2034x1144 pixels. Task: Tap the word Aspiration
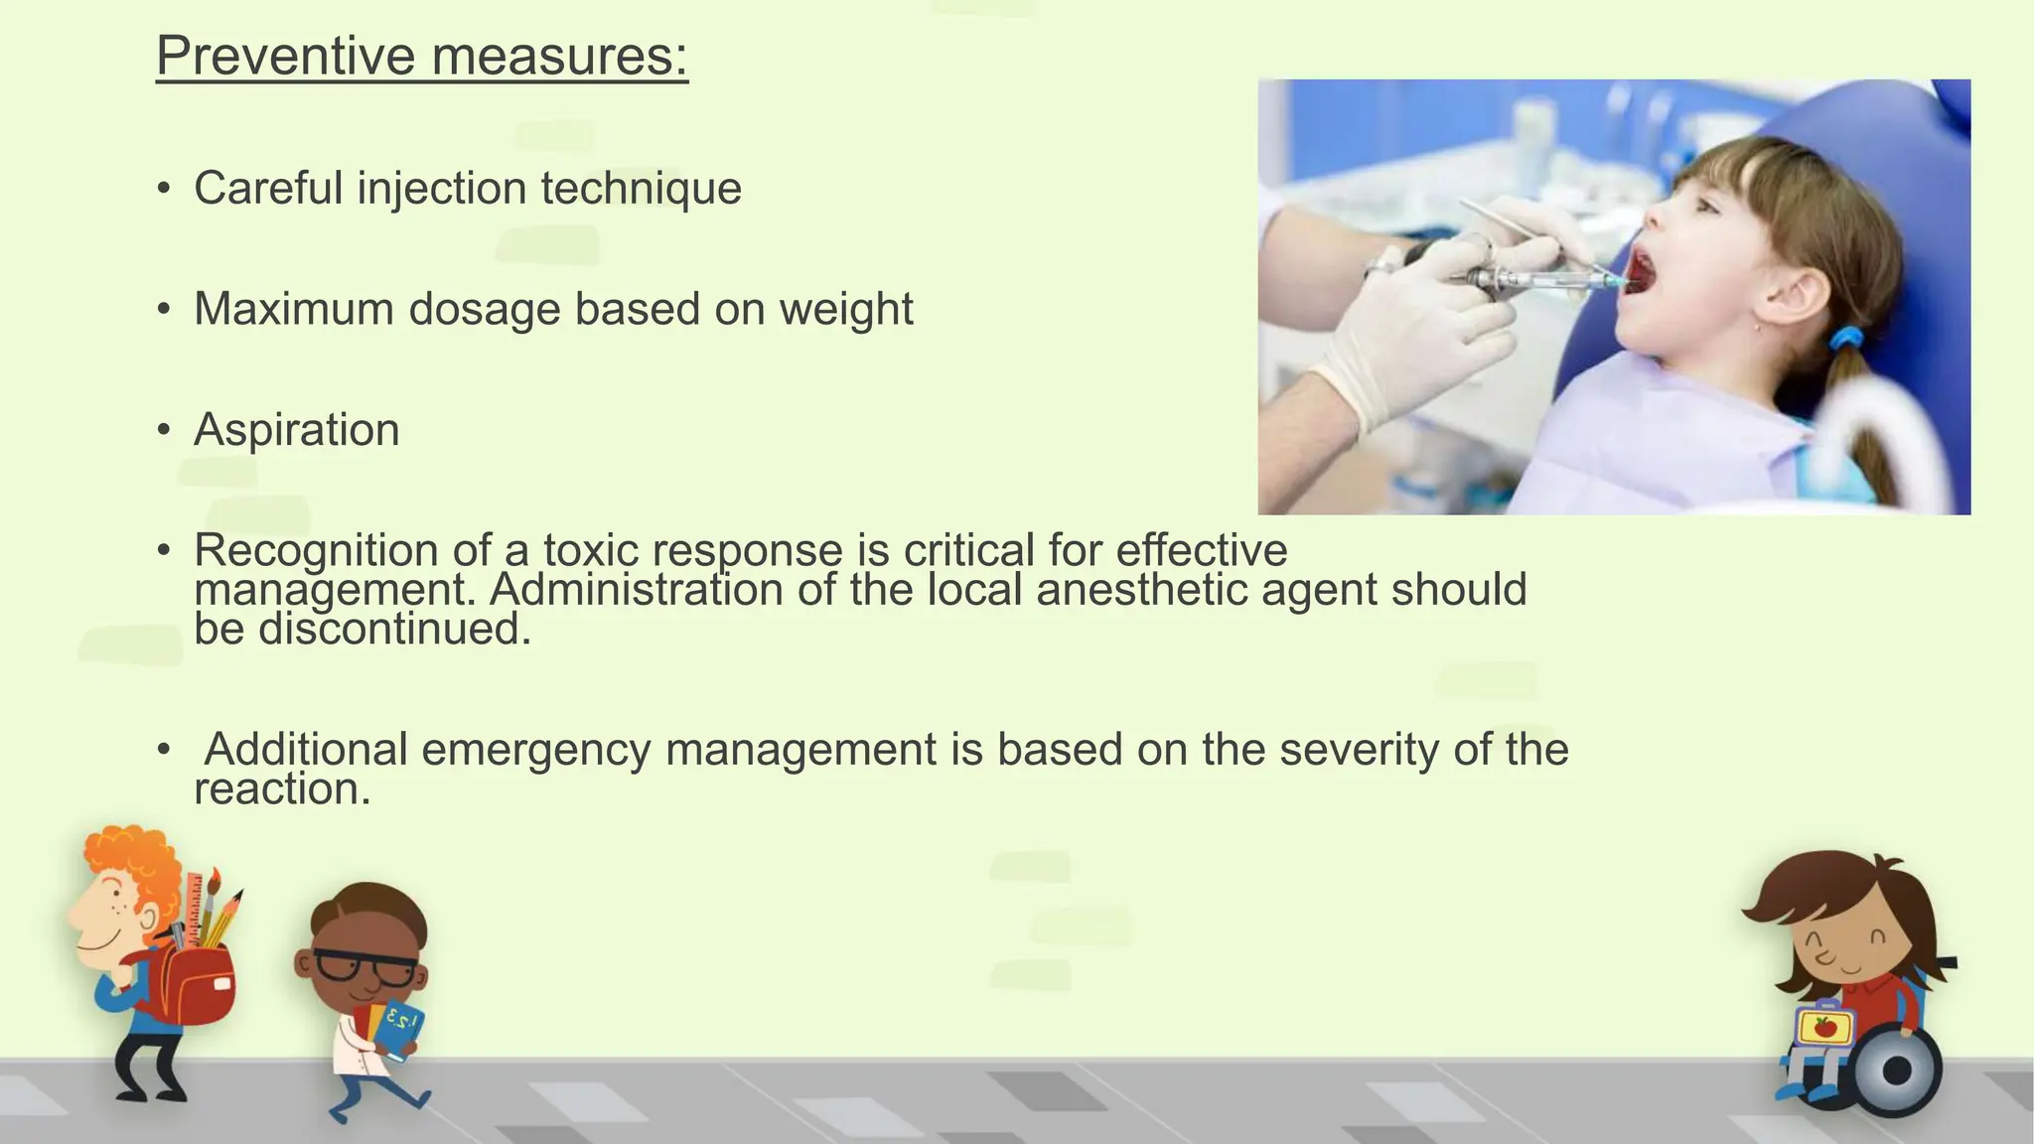click(x=296, y=430)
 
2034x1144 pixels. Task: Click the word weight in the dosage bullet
click(x=845, y=309)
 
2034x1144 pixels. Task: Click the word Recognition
click(x=316, y=551)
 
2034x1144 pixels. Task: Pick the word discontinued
click(x=394, y=629)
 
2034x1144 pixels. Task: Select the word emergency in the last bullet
click(x=535, y=750)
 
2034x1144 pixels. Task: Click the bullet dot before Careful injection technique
click(x=164, y=189)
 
